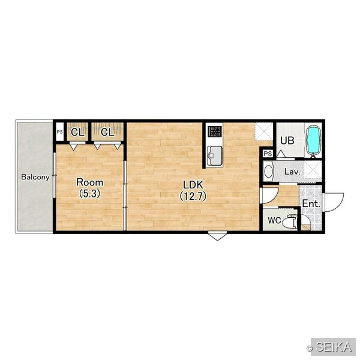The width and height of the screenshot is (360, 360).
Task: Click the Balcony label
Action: click(35, 177)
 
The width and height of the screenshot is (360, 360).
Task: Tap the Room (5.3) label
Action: click(90, 188)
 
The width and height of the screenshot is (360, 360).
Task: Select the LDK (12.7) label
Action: click(193, 190)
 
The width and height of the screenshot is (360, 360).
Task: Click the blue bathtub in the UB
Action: click(313, 140)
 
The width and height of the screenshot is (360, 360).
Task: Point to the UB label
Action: click(287, 140)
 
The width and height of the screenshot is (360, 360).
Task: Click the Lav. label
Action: click(292, 172)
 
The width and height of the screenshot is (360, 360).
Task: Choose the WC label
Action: click(275, 220)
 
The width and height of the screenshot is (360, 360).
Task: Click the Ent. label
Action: click(311, 203)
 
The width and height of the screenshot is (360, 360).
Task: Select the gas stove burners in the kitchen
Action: click(215, 131)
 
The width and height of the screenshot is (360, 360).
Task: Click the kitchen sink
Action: click(215, 155)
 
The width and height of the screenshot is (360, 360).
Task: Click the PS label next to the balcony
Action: click(59, 132)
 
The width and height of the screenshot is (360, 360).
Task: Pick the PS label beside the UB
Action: click(268, 154)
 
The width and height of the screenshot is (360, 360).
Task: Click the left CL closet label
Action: click(77, 132)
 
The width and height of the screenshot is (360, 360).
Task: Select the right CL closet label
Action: click(107, 132)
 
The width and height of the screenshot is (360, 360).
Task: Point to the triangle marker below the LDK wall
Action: click(217, 236)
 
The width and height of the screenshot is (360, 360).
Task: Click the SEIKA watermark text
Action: click(334, 347)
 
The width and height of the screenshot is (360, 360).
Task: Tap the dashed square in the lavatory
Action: click(313, 169)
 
